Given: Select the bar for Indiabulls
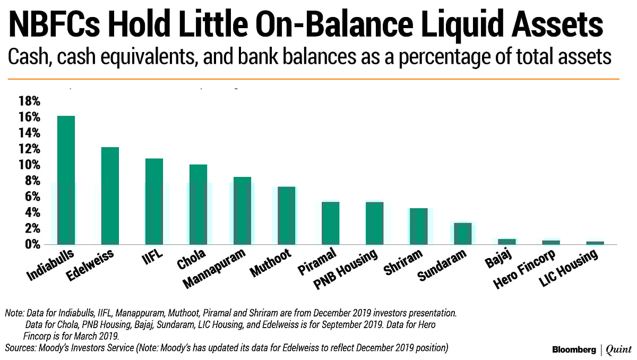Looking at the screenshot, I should [x=66, y=181].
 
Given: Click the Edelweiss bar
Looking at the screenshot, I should [x=110, y=196].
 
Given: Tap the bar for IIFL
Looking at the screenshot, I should [x=154, y=202].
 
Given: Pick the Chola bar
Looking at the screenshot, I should [x=198, y=204].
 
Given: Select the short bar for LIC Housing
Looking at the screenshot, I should [x=595, y=243].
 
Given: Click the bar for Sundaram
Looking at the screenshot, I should [x=462, y=234].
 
